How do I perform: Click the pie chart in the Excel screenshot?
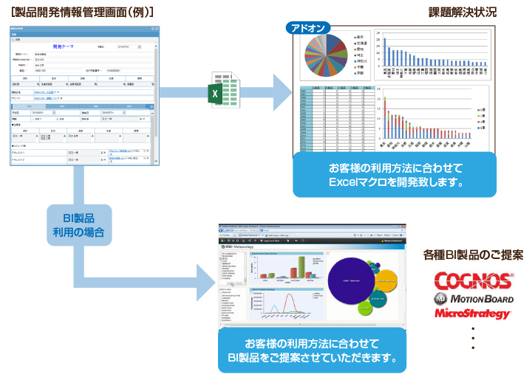[327, 57]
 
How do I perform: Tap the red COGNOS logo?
[474, 281]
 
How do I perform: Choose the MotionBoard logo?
[474, 299]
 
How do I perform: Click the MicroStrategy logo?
[473, 314]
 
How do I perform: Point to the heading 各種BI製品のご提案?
[473, 255]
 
